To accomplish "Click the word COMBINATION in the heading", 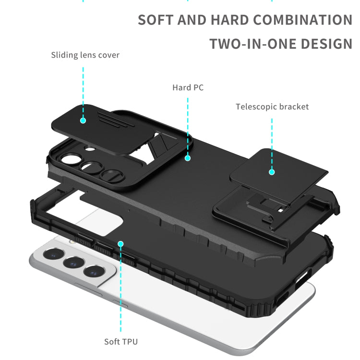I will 302,20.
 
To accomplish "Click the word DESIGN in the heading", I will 327,44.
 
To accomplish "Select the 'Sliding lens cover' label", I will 85,55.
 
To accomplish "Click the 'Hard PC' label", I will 188,87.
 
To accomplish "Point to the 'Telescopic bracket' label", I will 272,107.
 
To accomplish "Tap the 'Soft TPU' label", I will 121,342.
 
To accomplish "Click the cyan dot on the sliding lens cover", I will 83,120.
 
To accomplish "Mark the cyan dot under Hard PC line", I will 188,157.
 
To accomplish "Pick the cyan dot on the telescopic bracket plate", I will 272,171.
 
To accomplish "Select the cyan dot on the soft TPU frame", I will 121,244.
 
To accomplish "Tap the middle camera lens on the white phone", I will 72,263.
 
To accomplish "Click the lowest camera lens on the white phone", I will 93,271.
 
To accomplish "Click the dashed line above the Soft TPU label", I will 121,293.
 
